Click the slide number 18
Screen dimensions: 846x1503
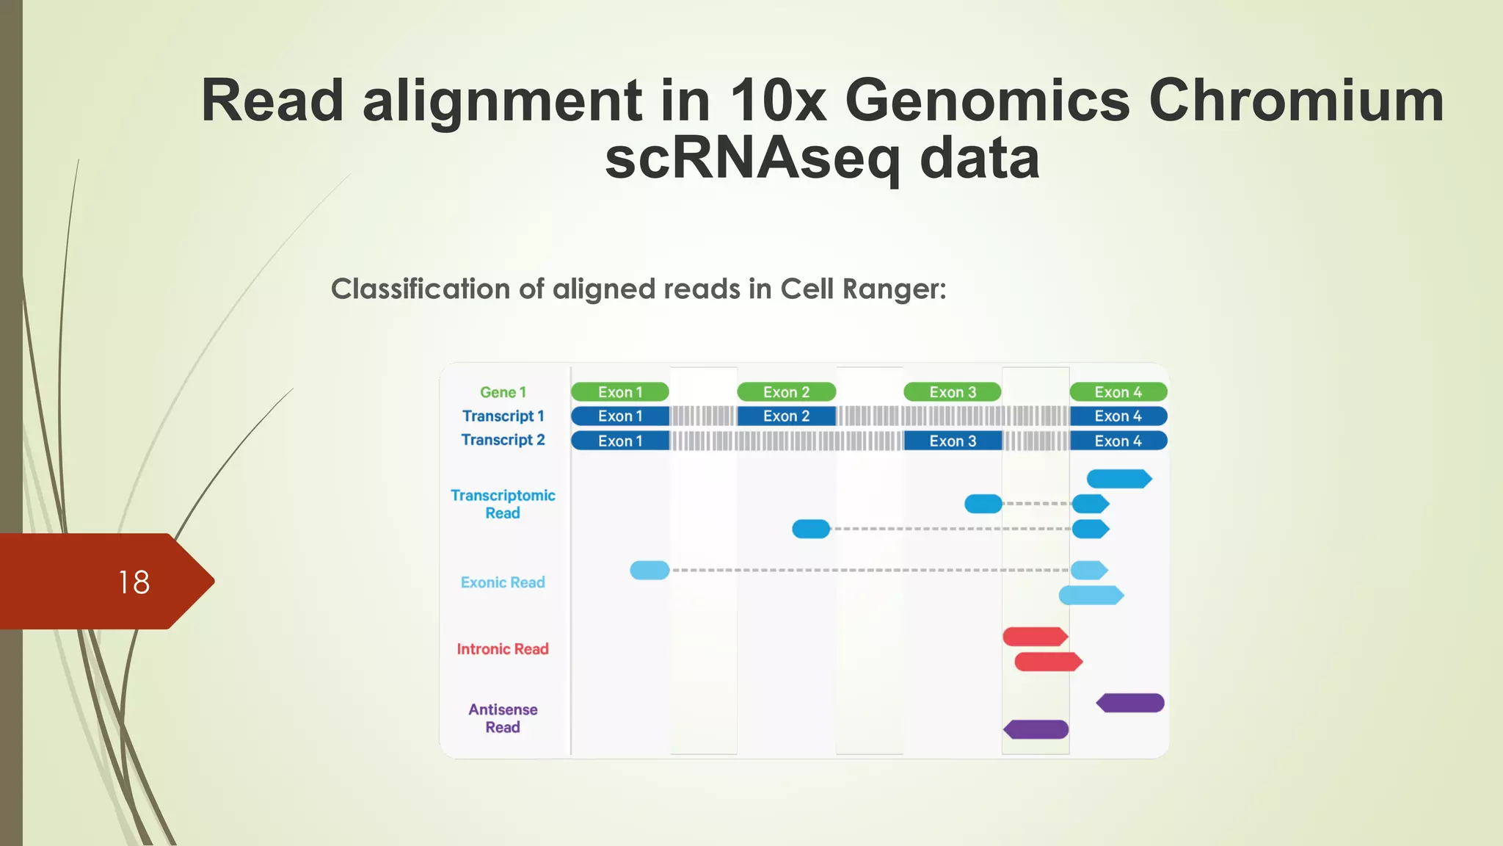tap(134, 582)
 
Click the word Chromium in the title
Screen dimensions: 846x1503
tap(1296, 101)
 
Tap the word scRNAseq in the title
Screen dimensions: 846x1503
tap(751, 159)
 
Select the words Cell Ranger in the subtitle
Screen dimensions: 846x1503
tap(863, 289)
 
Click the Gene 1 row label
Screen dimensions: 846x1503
tap(503, 392)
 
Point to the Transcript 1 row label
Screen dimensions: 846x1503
tap(503, 416)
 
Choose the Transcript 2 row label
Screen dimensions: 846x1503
tap(503, 440)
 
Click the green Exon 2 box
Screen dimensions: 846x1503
tap(786, 392)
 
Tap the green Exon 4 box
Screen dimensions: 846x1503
tap(1118, 392)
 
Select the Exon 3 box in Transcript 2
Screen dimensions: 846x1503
tap(953, 441)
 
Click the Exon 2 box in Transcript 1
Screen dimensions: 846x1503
tap(786, 416)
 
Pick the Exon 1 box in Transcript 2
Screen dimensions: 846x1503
tap(620, 441)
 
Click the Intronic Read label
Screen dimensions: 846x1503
tap(503, 649)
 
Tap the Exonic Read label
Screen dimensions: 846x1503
tap(503, 582)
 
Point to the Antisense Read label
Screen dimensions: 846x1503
tap(503, 718)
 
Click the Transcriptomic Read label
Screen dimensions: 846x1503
tap(503, 504)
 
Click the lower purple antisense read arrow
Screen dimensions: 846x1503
tap(1036, 729)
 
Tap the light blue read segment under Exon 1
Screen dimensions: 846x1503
tap(649, 570)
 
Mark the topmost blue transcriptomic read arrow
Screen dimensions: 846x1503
tap(1118, 479)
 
